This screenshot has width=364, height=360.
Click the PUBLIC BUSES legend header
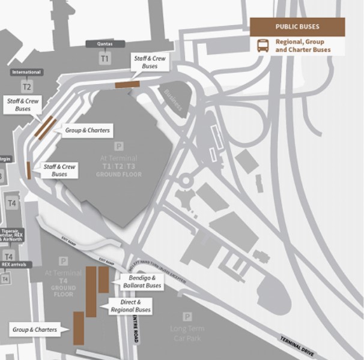pos(297,27)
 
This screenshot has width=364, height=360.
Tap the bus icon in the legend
pos(263,46)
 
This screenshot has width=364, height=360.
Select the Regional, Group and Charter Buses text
pos(303,46)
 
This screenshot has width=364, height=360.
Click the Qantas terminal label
pos(105,44)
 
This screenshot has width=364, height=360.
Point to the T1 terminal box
pos(105,59)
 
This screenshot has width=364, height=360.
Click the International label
pos(26,73)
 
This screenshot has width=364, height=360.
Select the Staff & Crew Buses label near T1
pos(150,62)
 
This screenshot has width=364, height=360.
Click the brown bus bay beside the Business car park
pos(127,85)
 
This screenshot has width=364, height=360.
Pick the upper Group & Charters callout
pos(87,130)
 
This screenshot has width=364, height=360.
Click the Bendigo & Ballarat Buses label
pos(145,282)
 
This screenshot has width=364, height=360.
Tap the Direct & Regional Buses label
pos(130,307)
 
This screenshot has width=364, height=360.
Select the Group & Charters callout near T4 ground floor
pos(35,329)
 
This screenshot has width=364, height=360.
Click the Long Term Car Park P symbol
pos(187,317)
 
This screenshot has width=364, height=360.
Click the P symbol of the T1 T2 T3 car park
pos(118,146)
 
